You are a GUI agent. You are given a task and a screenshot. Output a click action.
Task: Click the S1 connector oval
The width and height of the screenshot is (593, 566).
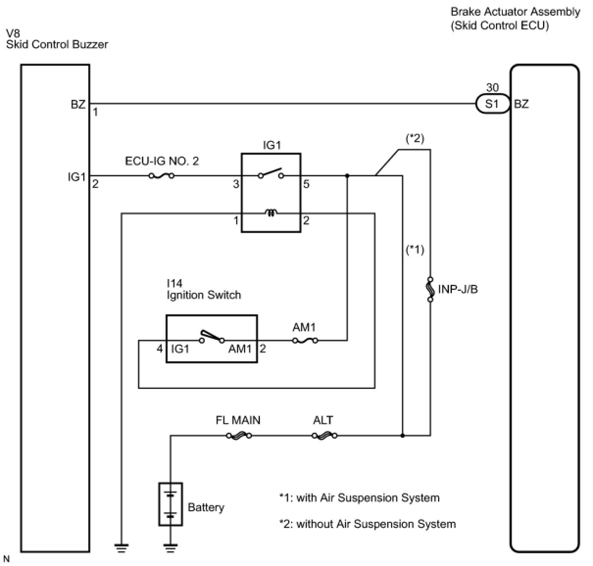coord(492,104)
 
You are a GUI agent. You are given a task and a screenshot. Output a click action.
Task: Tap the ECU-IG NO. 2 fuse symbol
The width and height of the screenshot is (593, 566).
coord(161,175)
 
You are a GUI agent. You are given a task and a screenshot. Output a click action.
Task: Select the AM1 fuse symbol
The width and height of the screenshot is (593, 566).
coord(305,340)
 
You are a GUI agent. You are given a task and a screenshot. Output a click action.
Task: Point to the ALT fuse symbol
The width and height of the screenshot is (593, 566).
coord(324,435)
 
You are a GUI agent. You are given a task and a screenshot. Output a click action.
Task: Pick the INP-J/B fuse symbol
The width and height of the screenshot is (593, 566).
coord(430,289)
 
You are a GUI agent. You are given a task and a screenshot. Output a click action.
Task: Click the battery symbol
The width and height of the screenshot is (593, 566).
coord(171,504)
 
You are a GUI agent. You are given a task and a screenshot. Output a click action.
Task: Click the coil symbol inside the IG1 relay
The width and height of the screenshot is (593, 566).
coord(271,213)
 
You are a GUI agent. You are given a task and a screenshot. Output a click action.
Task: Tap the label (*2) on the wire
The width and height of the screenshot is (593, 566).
coord(415,139)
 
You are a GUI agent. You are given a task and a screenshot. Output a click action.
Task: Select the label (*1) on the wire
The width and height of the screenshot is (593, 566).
coord(415,250)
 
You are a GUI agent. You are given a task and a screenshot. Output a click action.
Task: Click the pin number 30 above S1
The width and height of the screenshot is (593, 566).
coord(492,88)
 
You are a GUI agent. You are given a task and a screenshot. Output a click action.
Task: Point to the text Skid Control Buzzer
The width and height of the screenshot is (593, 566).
coord(57,45)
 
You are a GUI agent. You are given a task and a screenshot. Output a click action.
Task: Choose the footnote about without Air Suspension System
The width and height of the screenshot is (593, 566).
coord(368,524)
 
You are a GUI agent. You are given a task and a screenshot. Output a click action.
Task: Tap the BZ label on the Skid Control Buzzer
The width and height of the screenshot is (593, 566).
coord(78,104)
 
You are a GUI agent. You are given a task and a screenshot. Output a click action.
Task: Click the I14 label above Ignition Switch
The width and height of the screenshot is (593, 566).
coord(174,283)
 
